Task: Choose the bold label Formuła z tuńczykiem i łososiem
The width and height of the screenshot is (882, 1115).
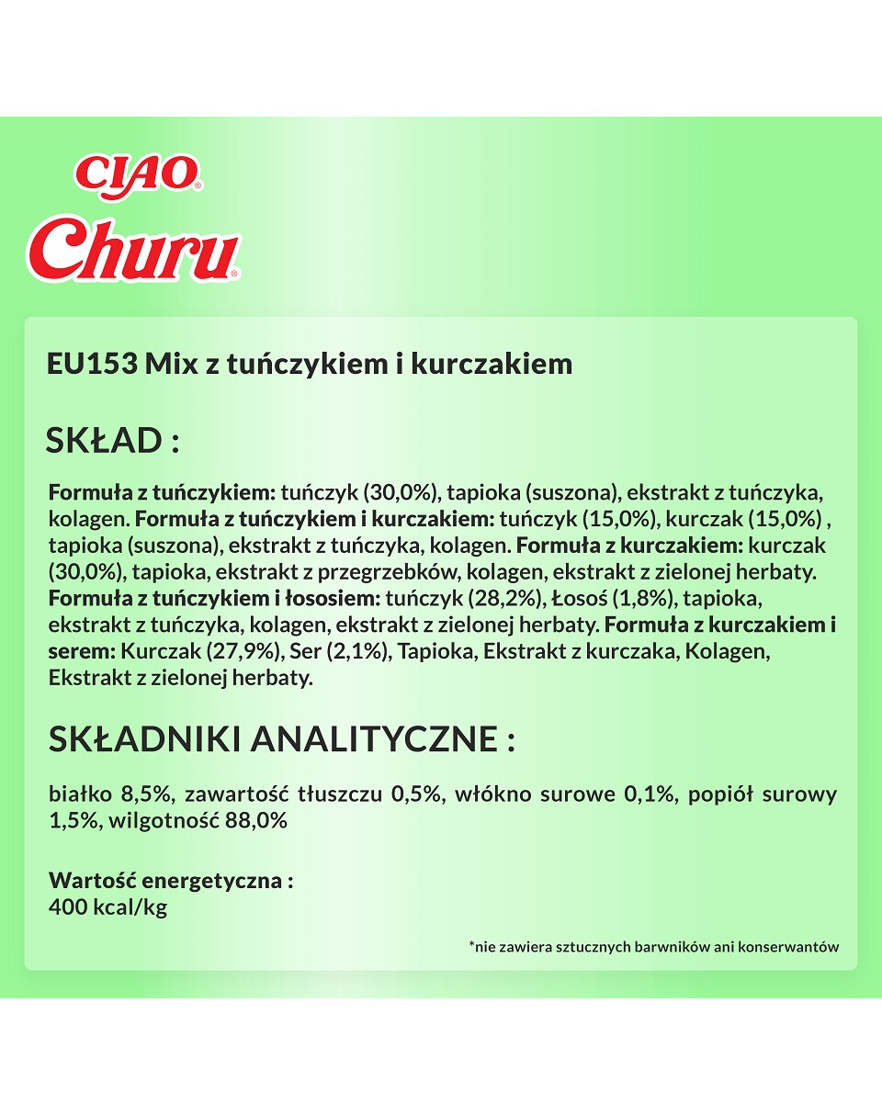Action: point(213,599)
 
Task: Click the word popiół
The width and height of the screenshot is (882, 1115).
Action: point(719,794)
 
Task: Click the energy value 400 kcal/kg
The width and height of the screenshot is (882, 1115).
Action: point(107,907)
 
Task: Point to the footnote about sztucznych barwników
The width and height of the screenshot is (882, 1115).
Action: point(653,946)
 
